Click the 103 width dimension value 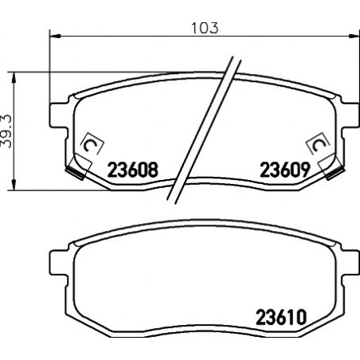tap(205, 28)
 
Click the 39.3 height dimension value tap(6, 131)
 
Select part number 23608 tap(132, 170)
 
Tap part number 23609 tap(285, 170)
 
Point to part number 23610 tap(281, 317)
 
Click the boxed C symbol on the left tap(92, 143)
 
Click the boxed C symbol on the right tap(318, 143)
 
